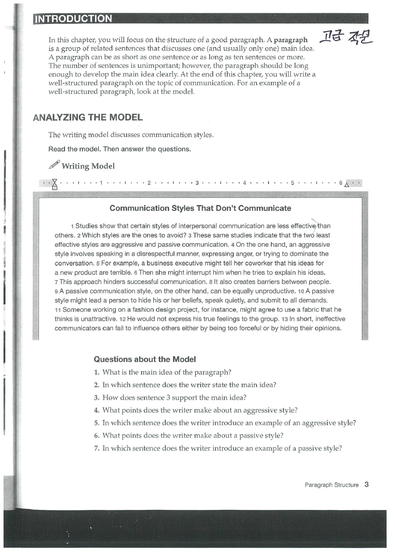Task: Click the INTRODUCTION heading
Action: coord(73,19)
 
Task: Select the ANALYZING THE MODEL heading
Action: coord(88,118)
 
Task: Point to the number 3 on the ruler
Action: coord(196,183)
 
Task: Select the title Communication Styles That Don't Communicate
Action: coord(200,208)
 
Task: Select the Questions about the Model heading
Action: coord(145,359)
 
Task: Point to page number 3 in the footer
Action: coord(366,484)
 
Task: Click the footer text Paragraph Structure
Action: coord(331,485)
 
